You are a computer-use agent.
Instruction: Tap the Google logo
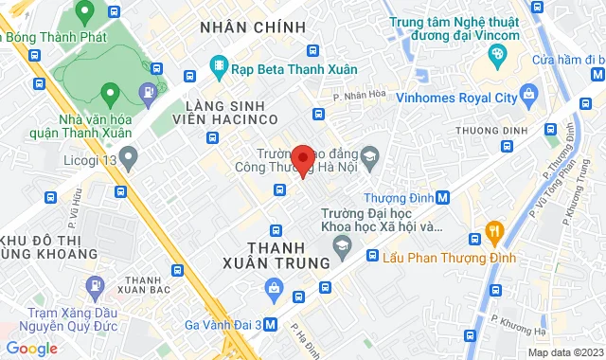pos(32,348)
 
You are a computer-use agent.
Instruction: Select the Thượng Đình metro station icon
pos(444,198)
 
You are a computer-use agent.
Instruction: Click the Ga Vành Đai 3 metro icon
pos(272,323)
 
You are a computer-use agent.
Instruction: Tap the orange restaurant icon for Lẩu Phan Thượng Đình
pos(493,230)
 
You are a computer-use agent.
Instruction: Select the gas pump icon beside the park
pos(149,92)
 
